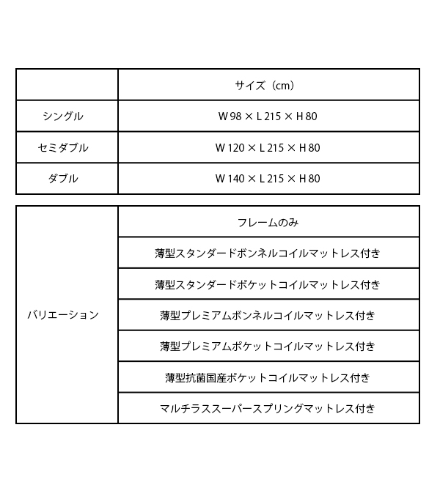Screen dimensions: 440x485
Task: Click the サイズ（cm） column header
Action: click(x=265, y=86)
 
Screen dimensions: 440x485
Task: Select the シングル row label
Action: click(x=63, y=116)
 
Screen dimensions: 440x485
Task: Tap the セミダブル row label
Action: click(x=63, y=147)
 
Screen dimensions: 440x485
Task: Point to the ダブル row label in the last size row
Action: click(x=63, y=179)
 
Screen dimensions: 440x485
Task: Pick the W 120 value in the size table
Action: click(x=230, y=147)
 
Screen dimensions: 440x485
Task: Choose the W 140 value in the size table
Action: click(x=230, y=179)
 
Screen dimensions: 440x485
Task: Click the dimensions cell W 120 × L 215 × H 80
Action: click(x=268, y=147)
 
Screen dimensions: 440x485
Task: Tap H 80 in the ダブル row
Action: click(x=309, y=179)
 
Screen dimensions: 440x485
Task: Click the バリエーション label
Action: click(x=63, y=315)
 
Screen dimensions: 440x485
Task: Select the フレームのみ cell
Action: click(x=268, y=223)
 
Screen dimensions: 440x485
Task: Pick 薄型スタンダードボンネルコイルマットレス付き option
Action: click(x=268, y=253)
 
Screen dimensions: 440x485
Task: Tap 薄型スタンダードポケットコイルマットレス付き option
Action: click(x=268, y=284)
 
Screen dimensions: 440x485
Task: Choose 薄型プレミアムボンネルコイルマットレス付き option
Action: click(x=268, y=315)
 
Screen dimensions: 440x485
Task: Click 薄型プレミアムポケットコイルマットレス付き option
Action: click(x=268, y=346)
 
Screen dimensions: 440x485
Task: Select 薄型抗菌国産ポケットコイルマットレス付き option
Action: click(x=268, y=377)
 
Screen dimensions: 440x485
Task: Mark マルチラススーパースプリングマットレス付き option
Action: click(x=268, y=408)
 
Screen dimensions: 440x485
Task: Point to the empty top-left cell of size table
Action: click(x=67, y=85)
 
